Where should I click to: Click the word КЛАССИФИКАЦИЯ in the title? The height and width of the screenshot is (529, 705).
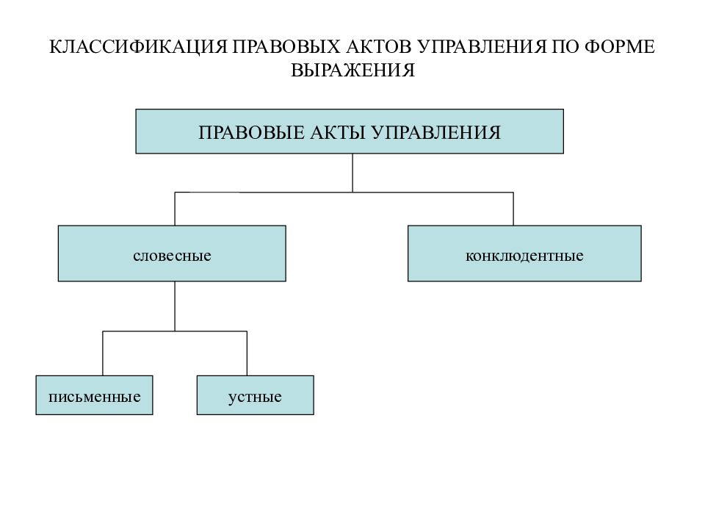(x=138, y=47)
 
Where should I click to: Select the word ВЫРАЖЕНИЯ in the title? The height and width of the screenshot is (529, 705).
(x=352, y=71)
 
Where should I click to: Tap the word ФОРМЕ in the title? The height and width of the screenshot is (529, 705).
(x=620, y=47)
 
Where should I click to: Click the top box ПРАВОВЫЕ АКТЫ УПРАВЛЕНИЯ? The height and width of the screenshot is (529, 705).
(x=350, y=132)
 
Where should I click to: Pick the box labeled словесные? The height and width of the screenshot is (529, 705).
(x=172, y=253)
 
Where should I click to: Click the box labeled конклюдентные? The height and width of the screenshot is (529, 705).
(x=524, y=253)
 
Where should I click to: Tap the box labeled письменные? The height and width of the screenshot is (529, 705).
(x=95, y=395)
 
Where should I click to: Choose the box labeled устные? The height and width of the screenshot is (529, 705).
(x=256, y=395)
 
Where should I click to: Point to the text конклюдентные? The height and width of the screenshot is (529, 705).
(x=524, y=256)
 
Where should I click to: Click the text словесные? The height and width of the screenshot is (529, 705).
(x=172, y=256)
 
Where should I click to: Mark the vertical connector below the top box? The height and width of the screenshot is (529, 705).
(x=352, y=173)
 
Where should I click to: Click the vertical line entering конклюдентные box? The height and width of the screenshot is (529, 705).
(x=513, y=209)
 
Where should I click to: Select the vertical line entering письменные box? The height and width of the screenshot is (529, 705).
(x=103, y=353)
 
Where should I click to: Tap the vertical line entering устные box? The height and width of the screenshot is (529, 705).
(x=247, y=353)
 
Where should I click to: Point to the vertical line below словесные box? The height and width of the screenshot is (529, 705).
(x=175, y=306)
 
